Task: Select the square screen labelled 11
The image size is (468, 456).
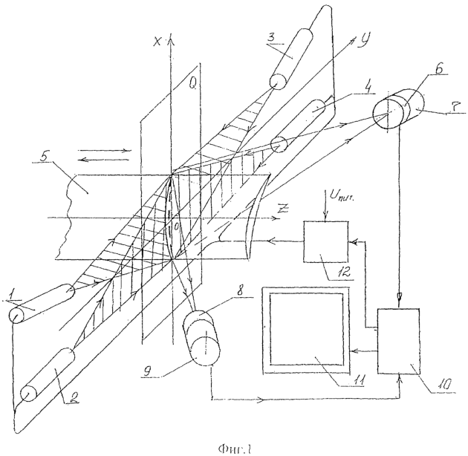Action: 305,328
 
